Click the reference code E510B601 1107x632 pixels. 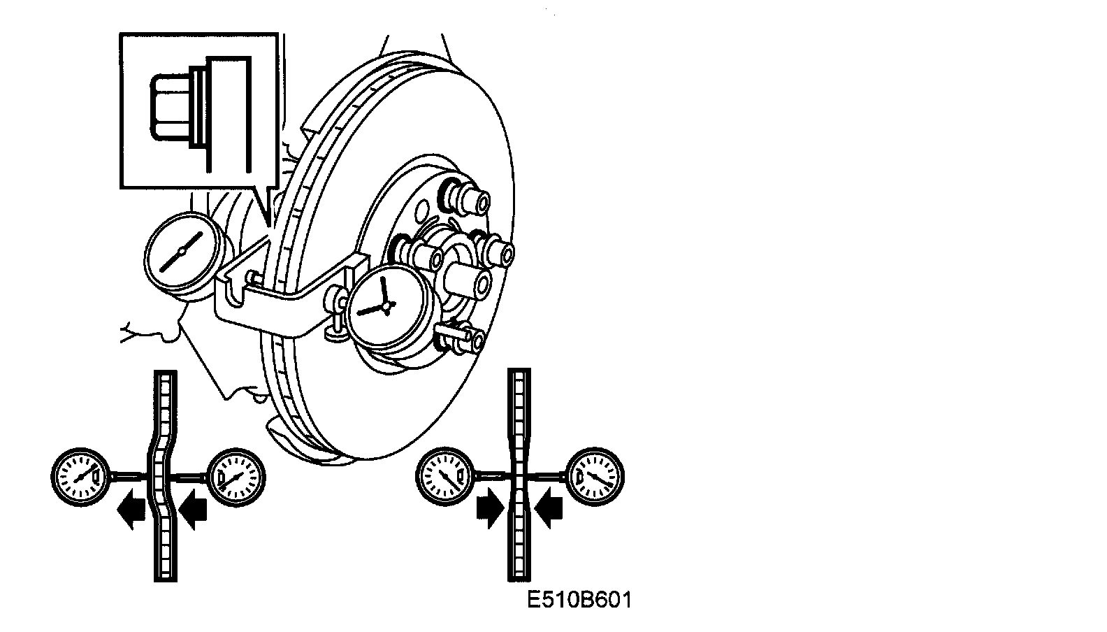[579, 600]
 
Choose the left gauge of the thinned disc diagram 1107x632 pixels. [444, 475]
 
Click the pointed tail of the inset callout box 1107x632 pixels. [268, 222]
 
